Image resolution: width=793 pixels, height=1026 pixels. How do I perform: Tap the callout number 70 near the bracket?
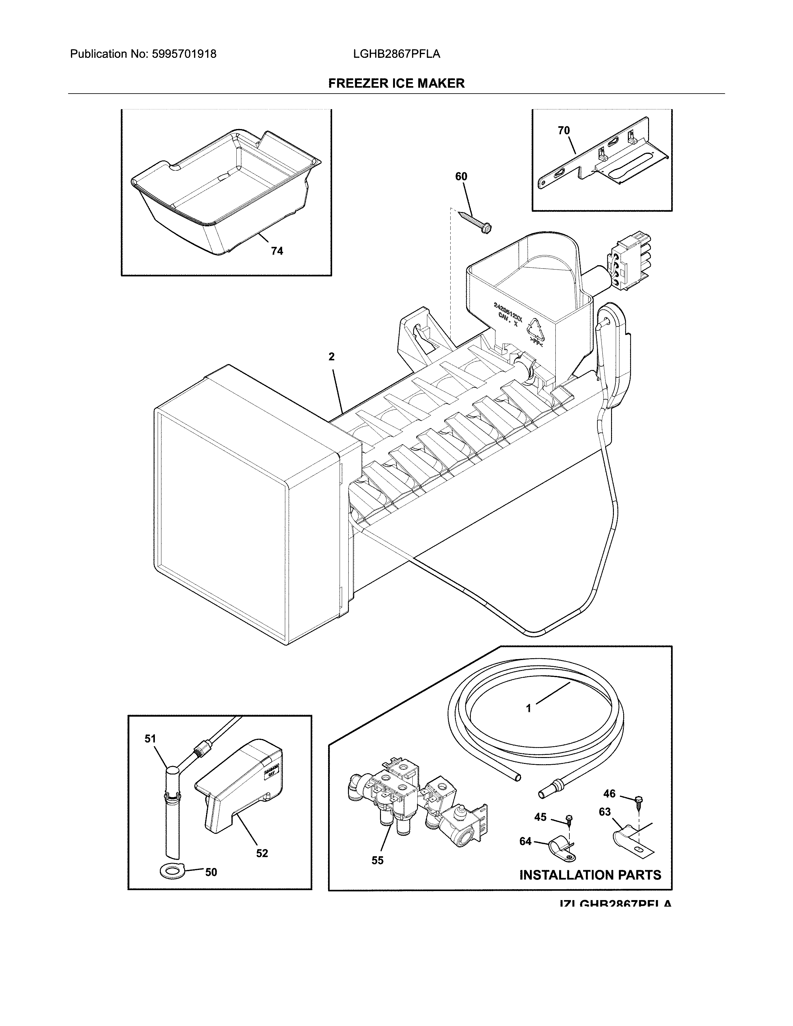pyautogui.click(x=564, y=131)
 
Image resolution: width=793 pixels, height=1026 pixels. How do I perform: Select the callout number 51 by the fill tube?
pyautogui.click(x=150, y=739)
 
